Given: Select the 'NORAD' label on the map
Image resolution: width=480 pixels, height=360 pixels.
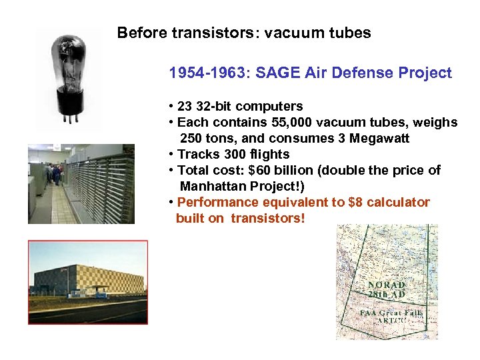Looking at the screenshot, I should (387, 285).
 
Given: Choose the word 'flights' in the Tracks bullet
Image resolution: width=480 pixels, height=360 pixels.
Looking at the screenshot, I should (267, 154).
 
